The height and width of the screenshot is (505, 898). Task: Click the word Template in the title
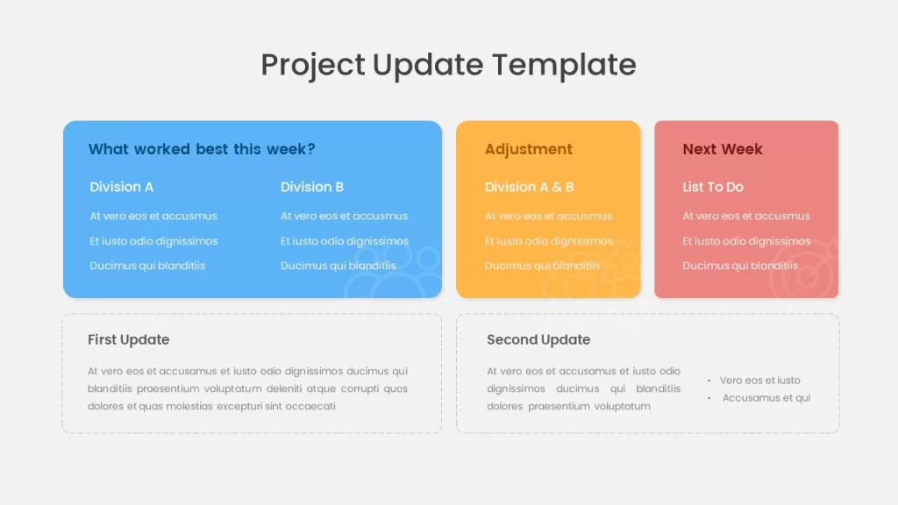[x=564, y=64]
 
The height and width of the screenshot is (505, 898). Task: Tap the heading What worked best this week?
[x=202, y=149]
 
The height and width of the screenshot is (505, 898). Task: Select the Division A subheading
[x=121, y=187]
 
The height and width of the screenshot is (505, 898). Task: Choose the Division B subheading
[x=312, y=187]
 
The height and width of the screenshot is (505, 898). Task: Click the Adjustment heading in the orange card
[x=529, y=149]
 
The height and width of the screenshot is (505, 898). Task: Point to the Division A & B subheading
[x=529, y=187]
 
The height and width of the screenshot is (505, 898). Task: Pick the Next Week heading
[x=723, y=149]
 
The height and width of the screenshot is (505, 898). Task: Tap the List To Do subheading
[x=713, y=187]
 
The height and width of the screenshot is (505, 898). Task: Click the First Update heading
[x=128, y=339]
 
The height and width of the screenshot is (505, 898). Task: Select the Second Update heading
[x=538, y=339]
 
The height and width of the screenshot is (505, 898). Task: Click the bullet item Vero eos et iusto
[x=760, y=381]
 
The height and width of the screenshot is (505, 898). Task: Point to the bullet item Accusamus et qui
[x=766, y=398]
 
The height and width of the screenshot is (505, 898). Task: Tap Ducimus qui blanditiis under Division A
[x=147, y=266]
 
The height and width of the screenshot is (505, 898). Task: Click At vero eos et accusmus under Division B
[x=344, y=216]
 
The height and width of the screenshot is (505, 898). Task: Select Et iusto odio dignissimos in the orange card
[x=549, y=241]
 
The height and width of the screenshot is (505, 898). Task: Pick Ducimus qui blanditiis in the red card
[x=740, y=266]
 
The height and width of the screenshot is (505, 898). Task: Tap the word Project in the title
[x=313, y=65]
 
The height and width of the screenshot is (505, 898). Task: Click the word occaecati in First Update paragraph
[x=310, y=406]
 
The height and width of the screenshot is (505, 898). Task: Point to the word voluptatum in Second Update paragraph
[x=622, y=406]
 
